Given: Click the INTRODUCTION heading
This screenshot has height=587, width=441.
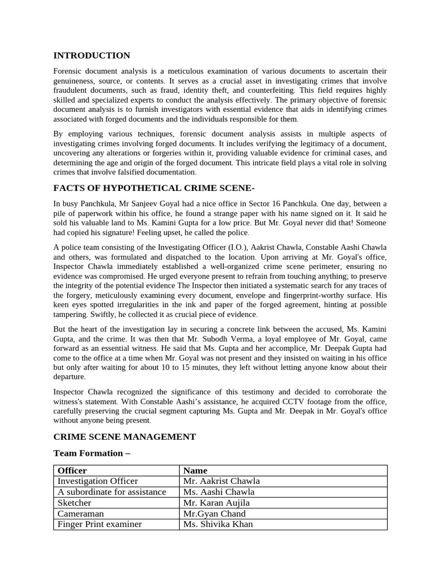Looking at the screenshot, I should [x=92, y=56].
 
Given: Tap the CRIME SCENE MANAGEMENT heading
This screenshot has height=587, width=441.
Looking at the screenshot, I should [x=125, y=437].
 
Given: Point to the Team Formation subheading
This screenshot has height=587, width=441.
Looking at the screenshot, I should [x=88, y=453].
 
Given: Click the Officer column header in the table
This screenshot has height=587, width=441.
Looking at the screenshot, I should [x=72, y=471].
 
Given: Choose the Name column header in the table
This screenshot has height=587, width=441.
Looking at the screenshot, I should [x=195, y=471].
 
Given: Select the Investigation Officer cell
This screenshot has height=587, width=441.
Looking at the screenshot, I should [x=98, y=482].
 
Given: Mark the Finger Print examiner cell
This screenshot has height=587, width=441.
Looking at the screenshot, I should [x=99, y=524].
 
